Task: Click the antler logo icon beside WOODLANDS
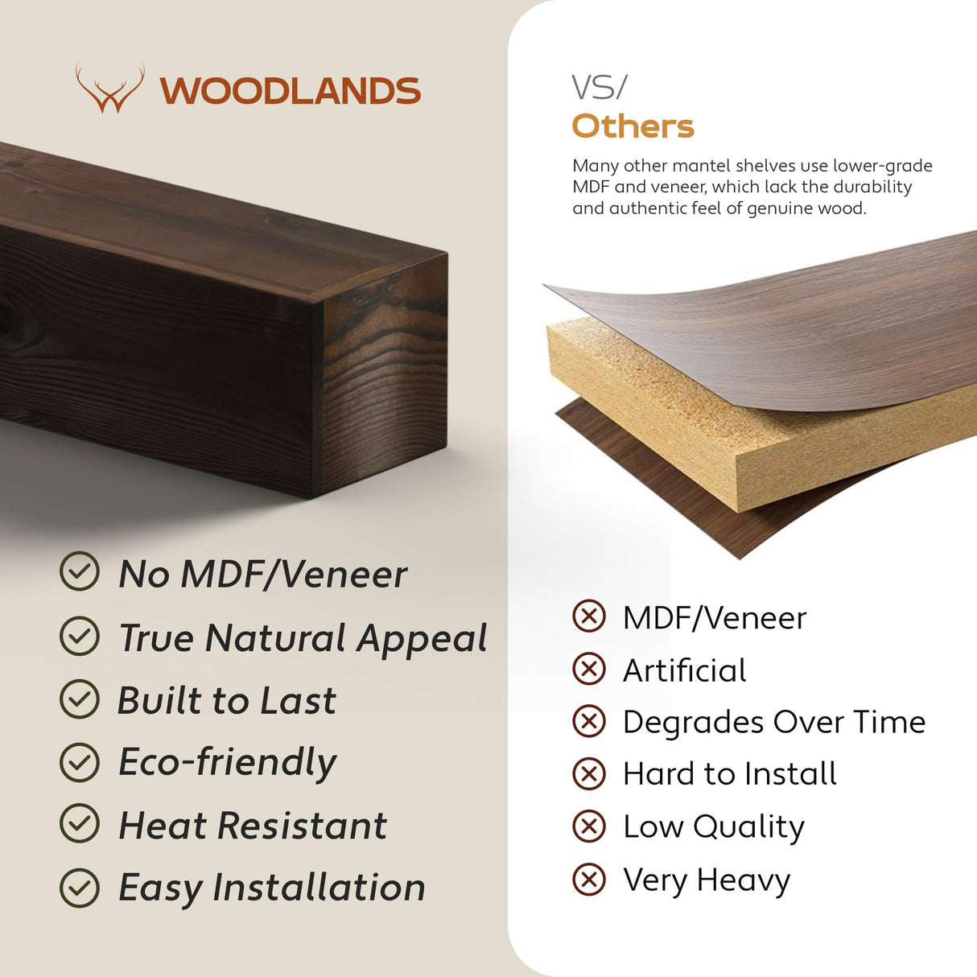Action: click(x=110, y=89)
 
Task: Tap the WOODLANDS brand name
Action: click(x=290, y=91)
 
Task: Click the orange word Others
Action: click(x=633, y=126)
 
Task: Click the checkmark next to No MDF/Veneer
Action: click(x=80, y=572)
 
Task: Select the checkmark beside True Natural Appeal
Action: click(x=80, y=636)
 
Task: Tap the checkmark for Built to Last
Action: click(x=80, y=699)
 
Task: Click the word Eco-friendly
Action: click(x=228, y=762)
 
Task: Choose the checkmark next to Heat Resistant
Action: click(x=80, y=824)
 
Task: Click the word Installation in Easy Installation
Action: click(x=319, y=887)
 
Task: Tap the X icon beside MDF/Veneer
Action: click(x=589, y=617)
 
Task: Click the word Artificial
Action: click(x=684, y=670)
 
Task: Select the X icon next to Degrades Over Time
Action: click(x=589, y=722)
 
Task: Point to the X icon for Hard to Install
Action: click(x=589, y=774)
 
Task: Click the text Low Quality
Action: click(x=713, y=827)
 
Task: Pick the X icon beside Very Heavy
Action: click(x=589, y=879)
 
